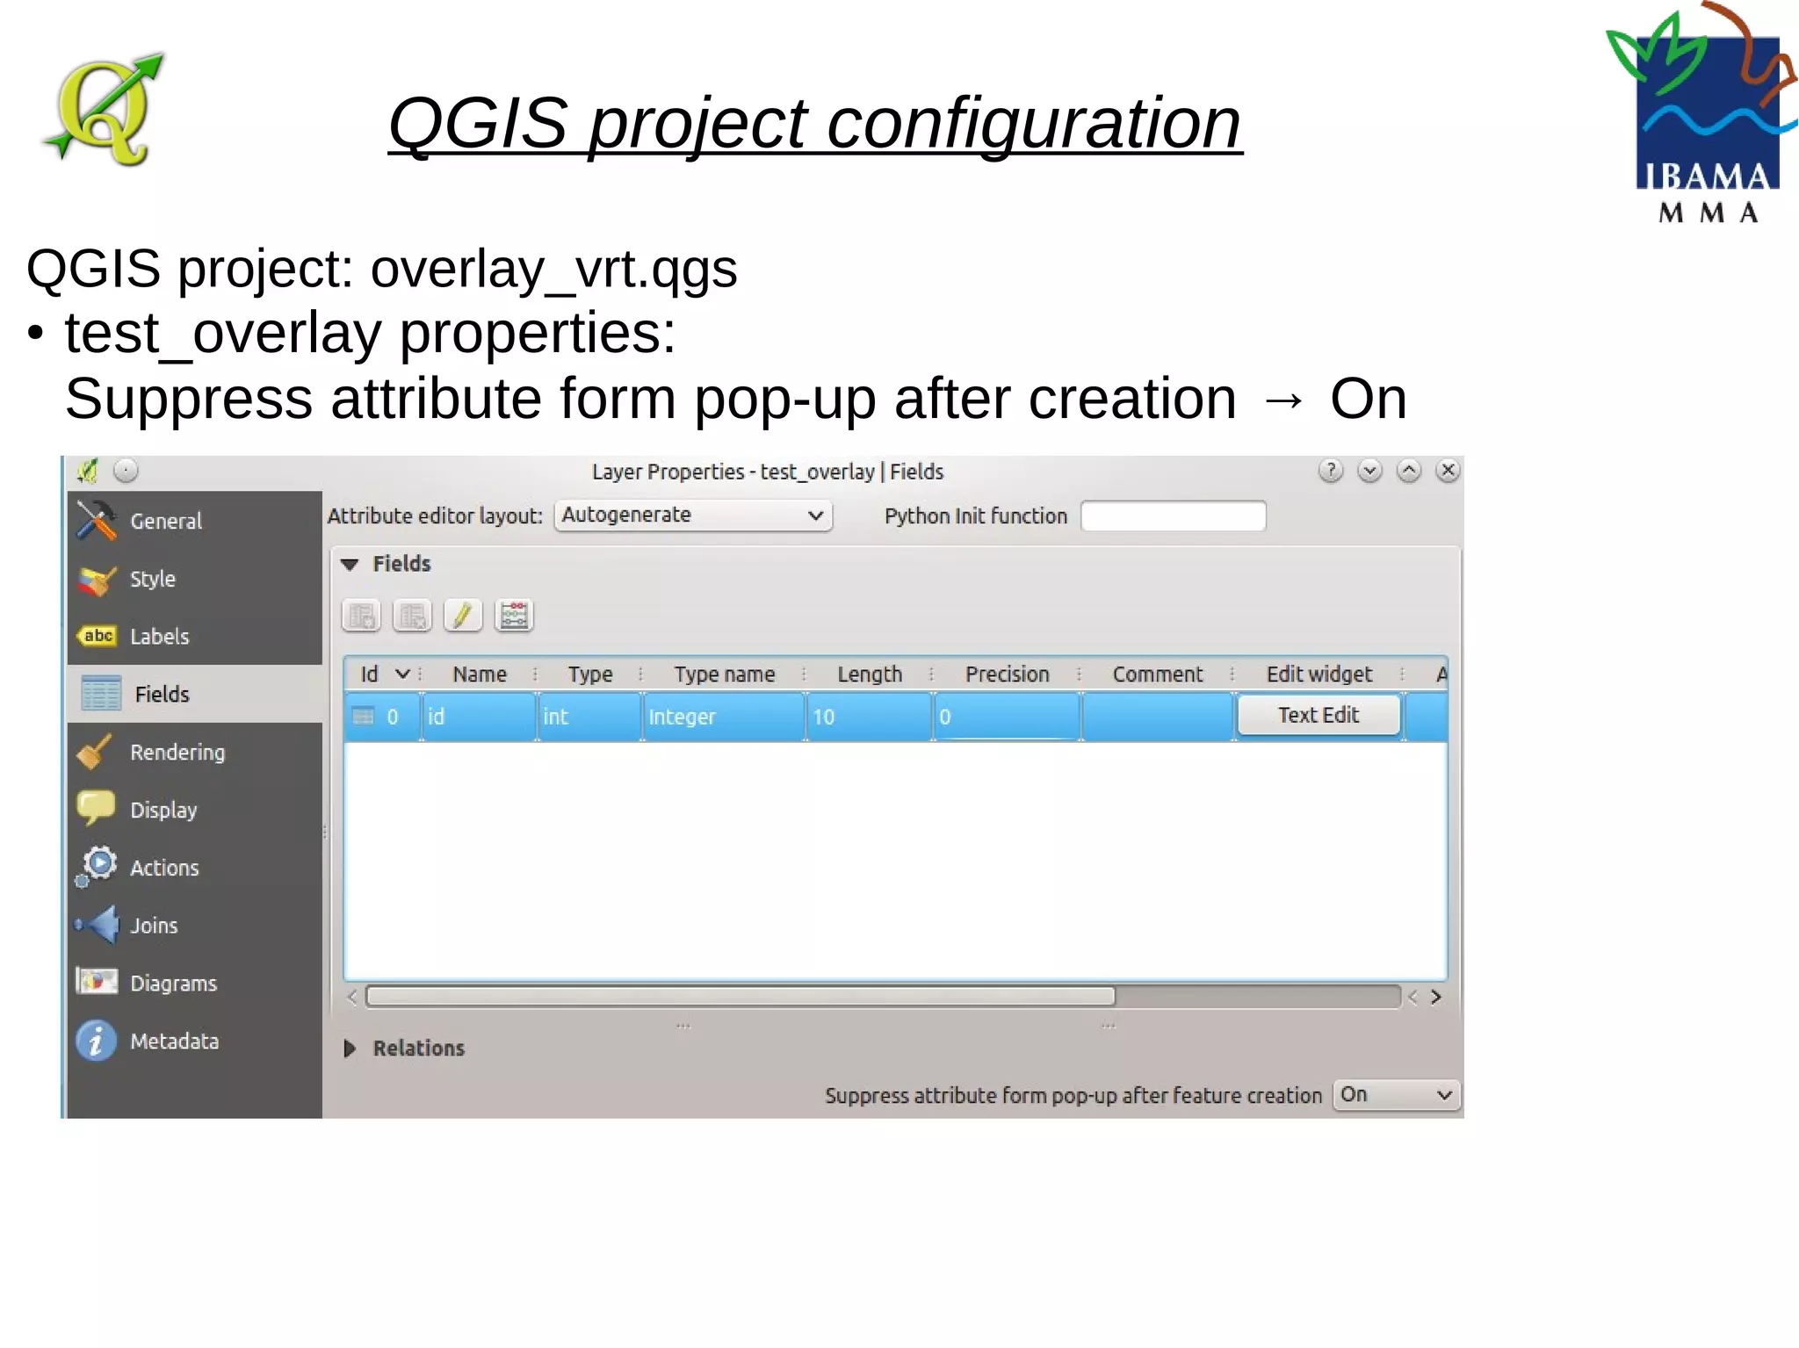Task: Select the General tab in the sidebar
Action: [x=165, y=521]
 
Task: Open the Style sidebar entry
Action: [x=152, y=579]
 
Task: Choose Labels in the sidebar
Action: [x=159, y=637]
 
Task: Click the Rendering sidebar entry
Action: [x=177, y=753]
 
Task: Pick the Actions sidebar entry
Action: [x=164, y=868]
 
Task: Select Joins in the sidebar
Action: [x=154, y=926]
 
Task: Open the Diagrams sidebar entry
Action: [x=173, y=984]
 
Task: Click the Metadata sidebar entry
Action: [x=174, y=1042]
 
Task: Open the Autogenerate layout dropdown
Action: [x=693, y=515]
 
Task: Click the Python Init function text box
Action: [x=1173, y=516]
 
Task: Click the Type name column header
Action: [x=724, y=674]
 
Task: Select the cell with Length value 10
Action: [x=868, y=717]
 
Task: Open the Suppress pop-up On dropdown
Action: [x=1396, y=1095]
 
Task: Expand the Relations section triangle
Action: [x=350, y=1049]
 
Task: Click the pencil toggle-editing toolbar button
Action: [x=463, y=616]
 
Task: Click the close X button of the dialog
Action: [x=1448, y=471]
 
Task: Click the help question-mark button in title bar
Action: [x=1331, y=471]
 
